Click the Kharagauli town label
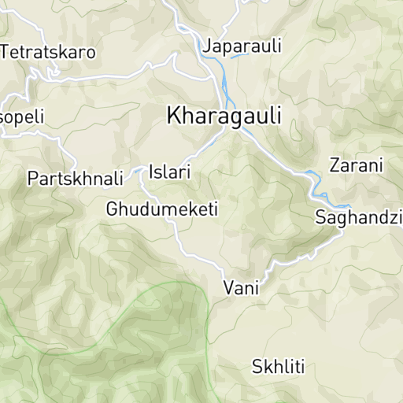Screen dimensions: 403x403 click(x=224, y=116)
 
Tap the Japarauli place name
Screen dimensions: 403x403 click(x=242, y=46)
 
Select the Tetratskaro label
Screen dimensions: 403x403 click(x=48, y=53)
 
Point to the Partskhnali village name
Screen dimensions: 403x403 click(x=76, y=179)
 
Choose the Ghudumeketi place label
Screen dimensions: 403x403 click(x=161, y=210)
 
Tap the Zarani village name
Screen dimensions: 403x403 click(x=356, y=166)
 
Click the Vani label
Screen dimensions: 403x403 click(x=241, y=289)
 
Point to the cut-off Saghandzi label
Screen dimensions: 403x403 click(x=359, y=218)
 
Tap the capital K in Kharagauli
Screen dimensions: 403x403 click(x=174, y=115)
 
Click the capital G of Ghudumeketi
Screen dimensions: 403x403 click(x=113, y=210)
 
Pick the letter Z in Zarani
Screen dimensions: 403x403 click(x=335, y=166)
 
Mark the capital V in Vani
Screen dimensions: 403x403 click(x=229, y=289)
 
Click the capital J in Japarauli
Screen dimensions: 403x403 click(x=208, y=46)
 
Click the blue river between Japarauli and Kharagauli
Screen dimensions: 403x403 click(x=225, y=83)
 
